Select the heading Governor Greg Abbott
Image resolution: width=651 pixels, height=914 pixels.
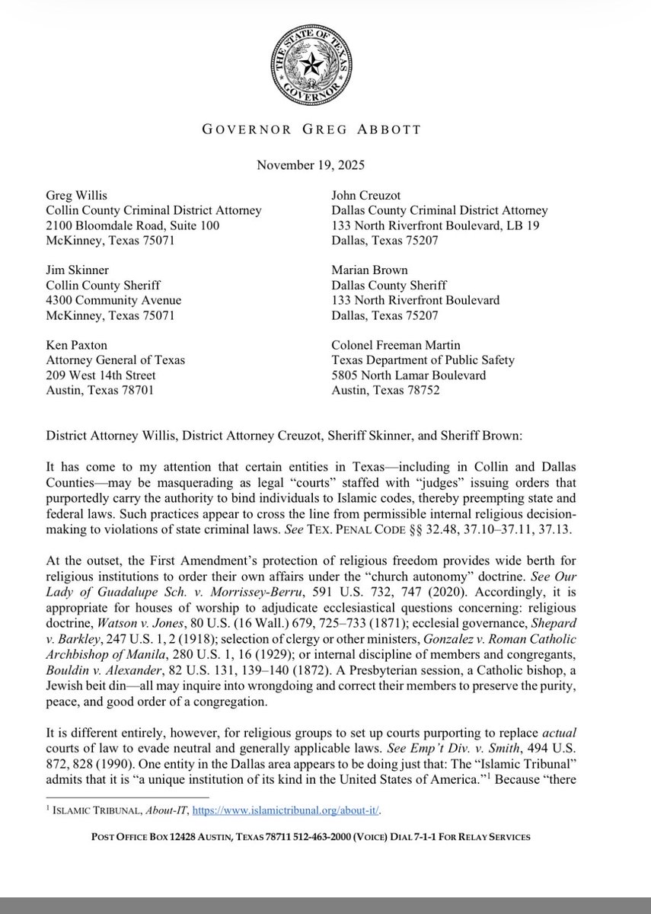pos(325,129)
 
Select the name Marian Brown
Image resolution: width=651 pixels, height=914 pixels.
pos(369,270)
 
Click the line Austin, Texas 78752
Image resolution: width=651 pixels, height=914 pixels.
pos(386,391)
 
